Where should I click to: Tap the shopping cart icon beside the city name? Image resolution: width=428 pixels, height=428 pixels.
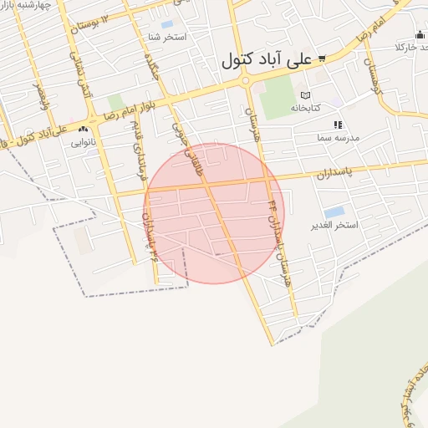(x=322, y=59)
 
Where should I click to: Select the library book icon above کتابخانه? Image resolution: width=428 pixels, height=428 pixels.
(x=305, y=95)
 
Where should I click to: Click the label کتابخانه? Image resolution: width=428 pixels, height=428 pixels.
(x=306, y=108)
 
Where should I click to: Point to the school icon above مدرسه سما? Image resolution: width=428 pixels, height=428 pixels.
(x=339, y=125)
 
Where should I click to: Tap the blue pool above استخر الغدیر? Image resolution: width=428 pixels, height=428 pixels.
(x=334, y=212)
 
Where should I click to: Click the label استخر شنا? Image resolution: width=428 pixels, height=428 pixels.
(x=166, y=38)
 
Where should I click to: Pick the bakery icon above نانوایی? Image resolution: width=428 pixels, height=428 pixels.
(x=83, y=130)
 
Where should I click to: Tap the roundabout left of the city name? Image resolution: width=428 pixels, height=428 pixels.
(x=245, y=81)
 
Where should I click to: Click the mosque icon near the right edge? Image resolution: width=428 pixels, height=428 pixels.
(x=420, y=34)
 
